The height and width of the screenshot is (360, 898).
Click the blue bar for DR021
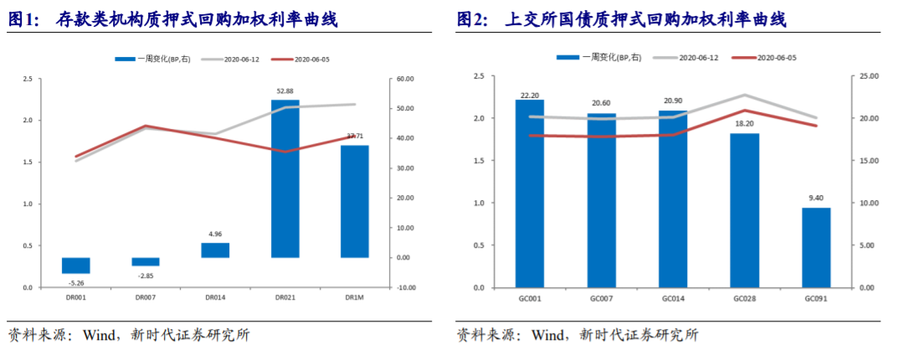coord(285,178)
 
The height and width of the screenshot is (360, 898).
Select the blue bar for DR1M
coord(355,201)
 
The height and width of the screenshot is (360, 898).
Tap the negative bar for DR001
coord(76,265)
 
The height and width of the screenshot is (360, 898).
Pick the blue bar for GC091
coord(817,247)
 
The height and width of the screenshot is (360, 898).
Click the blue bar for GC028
coord(745,210)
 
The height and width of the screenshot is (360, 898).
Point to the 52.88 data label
coord(285,90)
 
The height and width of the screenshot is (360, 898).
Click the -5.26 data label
coord(76,283)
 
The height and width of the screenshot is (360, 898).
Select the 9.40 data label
coord(817,198)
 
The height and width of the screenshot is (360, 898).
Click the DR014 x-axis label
coord(215,297)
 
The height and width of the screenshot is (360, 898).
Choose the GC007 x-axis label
coord(601,297)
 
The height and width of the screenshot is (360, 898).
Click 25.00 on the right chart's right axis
coord(868,76)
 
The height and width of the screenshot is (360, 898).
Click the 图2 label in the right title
coord(474,18)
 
